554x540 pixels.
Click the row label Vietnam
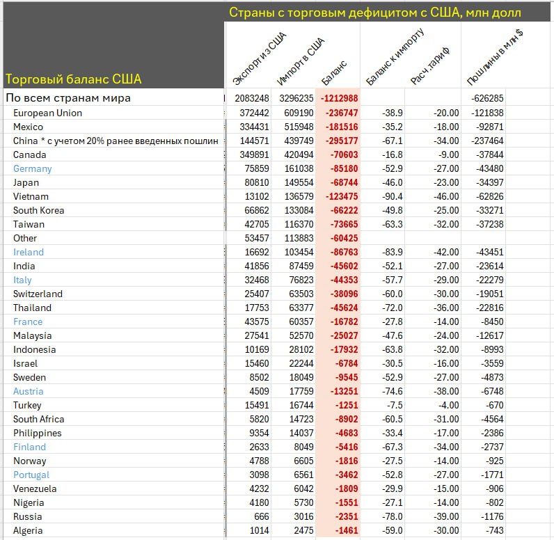[31, 196]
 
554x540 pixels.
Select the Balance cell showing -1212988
[340, 98]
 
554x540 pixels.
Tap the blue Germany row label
[32, 168]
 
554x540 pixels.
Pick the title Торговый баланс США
[73, 79]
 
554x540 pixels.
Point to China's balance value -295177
[340, 141]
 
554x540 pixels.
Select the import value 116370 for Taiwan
[295, 224]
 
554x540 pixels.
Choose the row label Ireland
[29, 252]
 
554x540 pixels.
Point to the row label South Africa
[38, 419]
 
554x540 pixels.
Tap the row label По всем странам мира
[68, 98]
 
